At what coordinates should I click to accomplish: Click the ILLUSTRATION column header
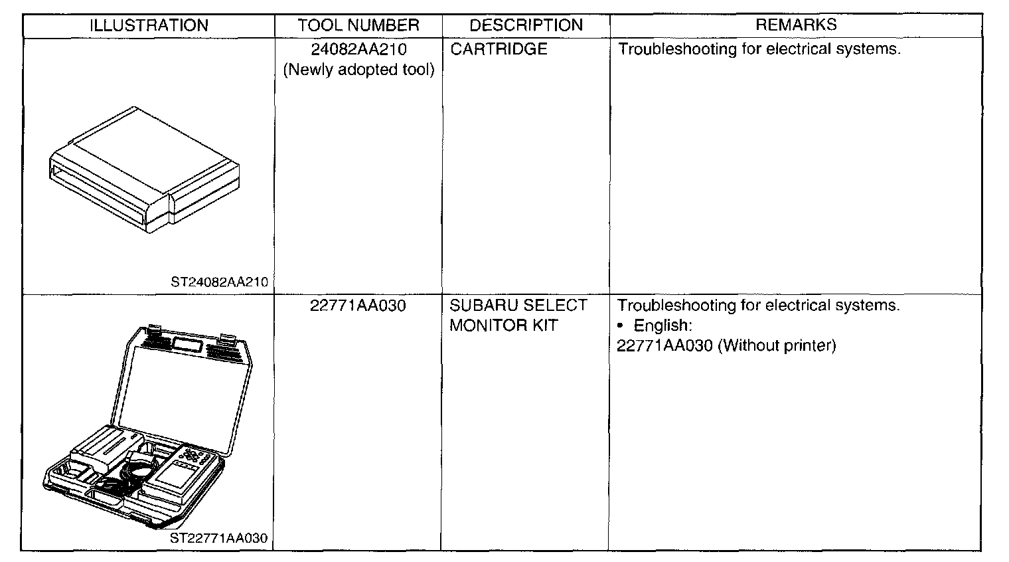(x=149, y=26)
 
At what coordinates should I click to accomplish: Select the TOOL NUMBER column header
(x=358, y=26)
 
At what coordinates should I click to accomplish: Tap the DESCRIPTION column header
(x=526, y=26)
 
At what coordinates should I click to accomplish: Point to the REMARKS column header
(x=796, y=25)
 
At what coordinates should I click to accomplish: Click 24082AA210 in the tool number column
(x=358, y=49)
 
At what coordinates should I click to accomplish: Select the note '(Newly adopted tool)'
(x=358, y=70)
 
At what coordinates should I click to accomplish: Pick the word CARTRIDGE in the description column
(x=499, y=49)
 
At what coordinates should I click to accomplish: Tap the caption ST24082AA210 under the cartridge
(x=219, y=282)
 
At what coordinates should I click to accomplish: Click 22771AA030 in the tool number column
(x=358, y=306)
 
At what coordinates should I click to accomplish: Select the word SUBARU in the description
(x=480, y=306)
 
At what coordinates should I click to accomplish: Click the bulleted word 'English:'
(x=662, y=326)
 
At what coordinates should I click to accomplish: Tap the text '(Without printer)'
(x=777, y=346)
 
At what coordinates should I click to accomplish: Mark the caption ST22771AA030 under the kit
(x=218, y=538)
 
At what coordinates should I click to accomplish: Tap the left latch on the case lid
(x=154, y=330)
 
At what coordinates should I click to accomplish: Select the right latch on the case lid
(x=228, y=339)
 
